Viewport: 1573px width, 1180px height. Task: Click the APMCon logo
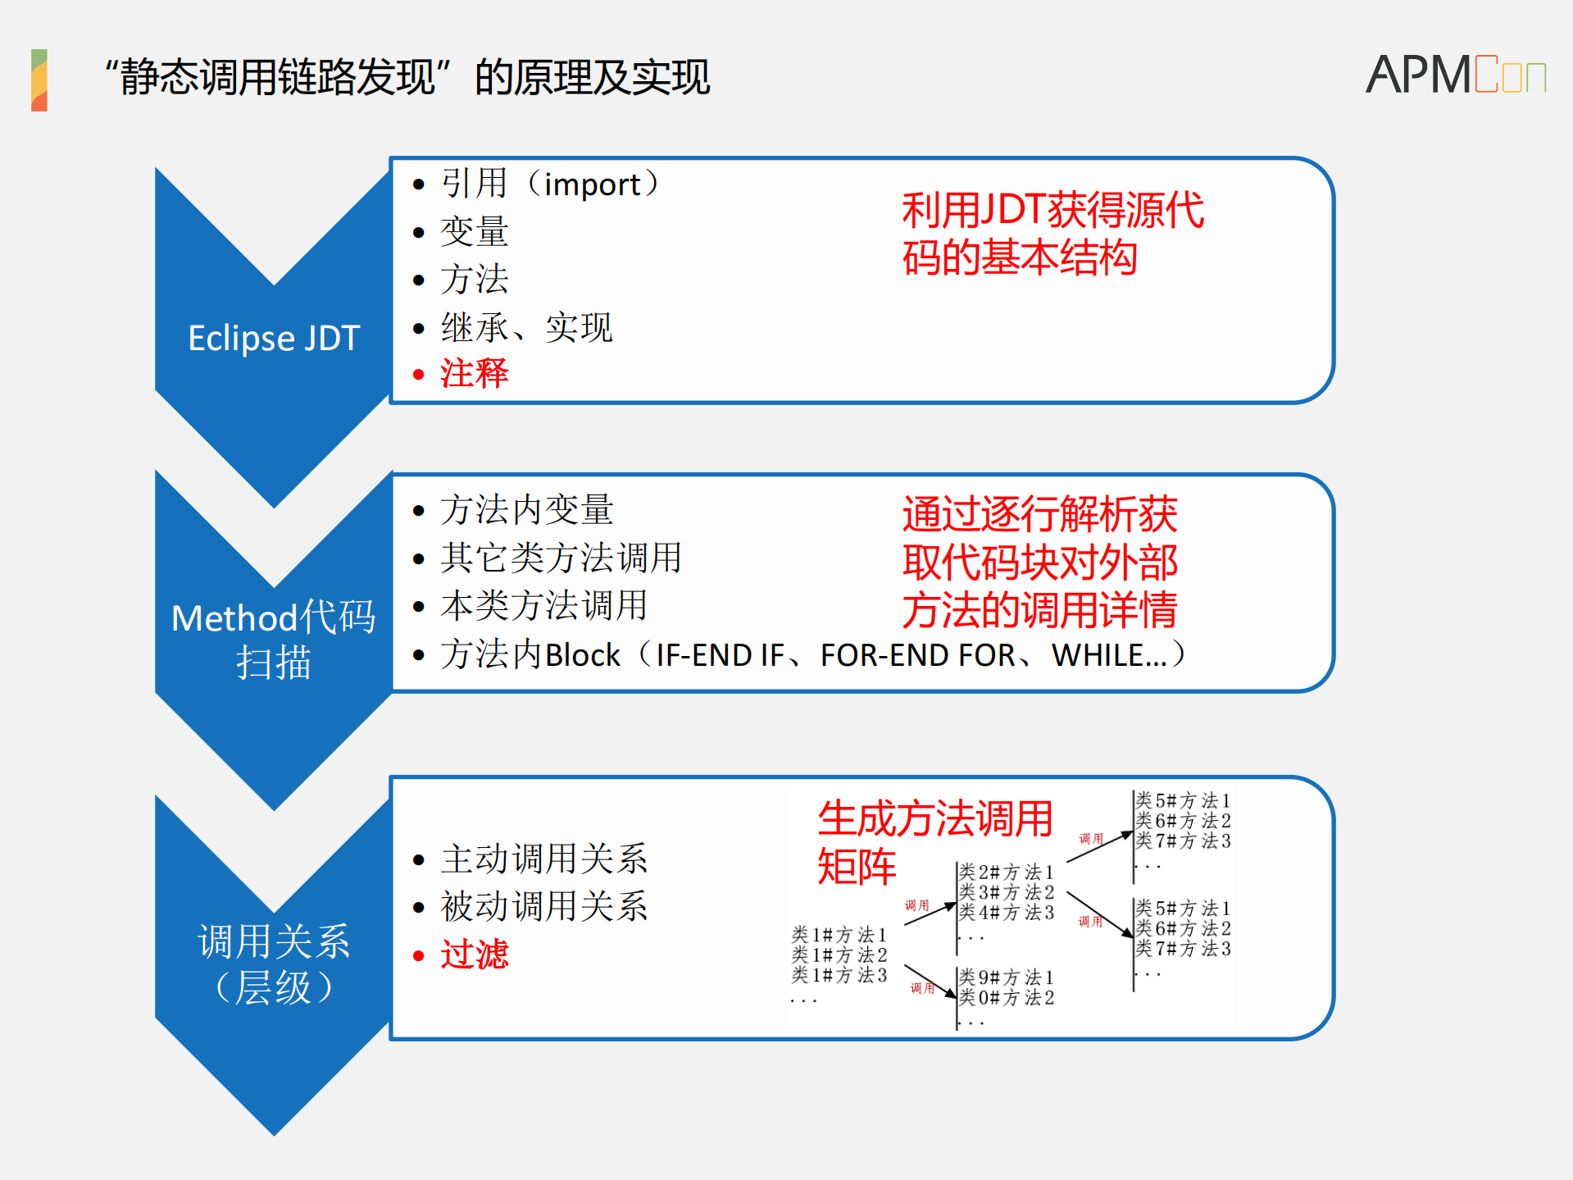tap(1455, 75)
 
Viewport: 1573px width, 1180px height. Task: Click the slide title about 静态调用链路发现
tap(407, 78)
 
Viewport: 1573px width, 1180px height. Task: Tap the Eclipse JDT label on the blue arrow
tap(274, 338)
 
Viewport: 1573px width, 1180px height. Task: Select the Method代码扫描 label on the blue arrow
tap(274, 640)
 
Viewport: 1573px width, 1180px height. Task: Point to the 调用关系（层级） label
tap(274, 964)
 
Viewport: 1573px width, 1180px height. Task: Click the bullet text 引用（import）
tap(549, 184)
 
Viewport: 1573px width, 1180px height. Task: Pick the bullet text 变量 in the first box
tap(474, 232)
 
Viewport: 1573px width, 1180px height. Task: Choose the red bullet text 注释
tap(474, 374)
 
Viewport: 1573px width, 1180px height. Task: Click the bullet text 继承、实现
tap(526, 328)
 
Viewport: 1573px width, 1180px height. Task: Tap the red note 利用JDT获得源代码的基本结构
tap(1052, 234)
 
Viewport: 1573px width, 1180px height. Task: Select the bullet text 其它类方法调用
tap(561, 558)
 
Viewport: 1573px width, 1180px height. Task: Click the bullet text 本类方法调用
tap(543, 606)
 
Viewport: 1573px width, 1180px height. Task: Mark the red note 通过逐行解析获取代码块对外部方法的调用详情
tap(1039, 563)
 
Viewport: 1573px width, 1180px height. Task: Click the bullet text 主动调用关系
tap(543, 859)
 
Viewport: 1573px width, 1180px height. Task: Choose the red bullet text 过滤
tap(474, 955)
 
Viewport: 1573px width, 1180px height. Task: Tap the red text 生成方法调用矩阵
tap(934, 842)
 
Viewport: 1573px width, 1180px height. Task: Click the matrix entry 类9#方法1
tap(1007, 977)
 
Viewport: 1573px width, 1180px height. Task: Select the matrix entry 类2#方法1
tap(1007, 872)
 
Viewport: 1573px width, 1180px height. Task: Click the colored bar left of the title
tap(39, 80)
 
